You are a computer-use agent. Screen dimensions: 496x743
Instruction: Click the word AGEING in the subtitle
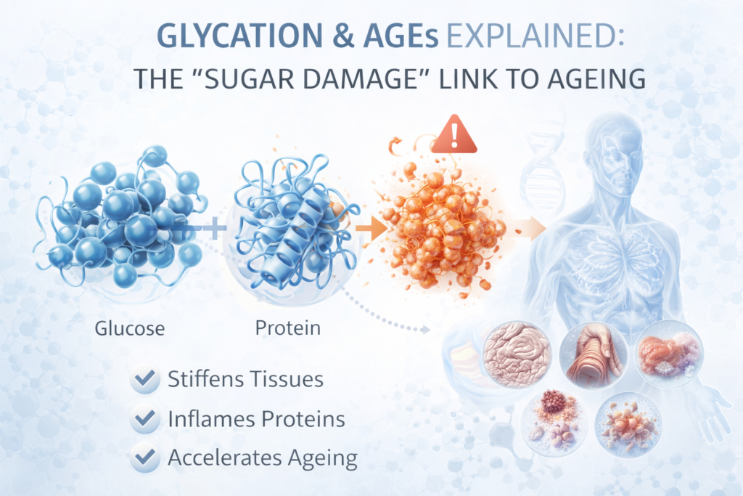(x=588, y=78)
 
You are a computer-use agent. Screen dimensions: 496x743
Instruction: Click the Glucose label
(x=130, y=328)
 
